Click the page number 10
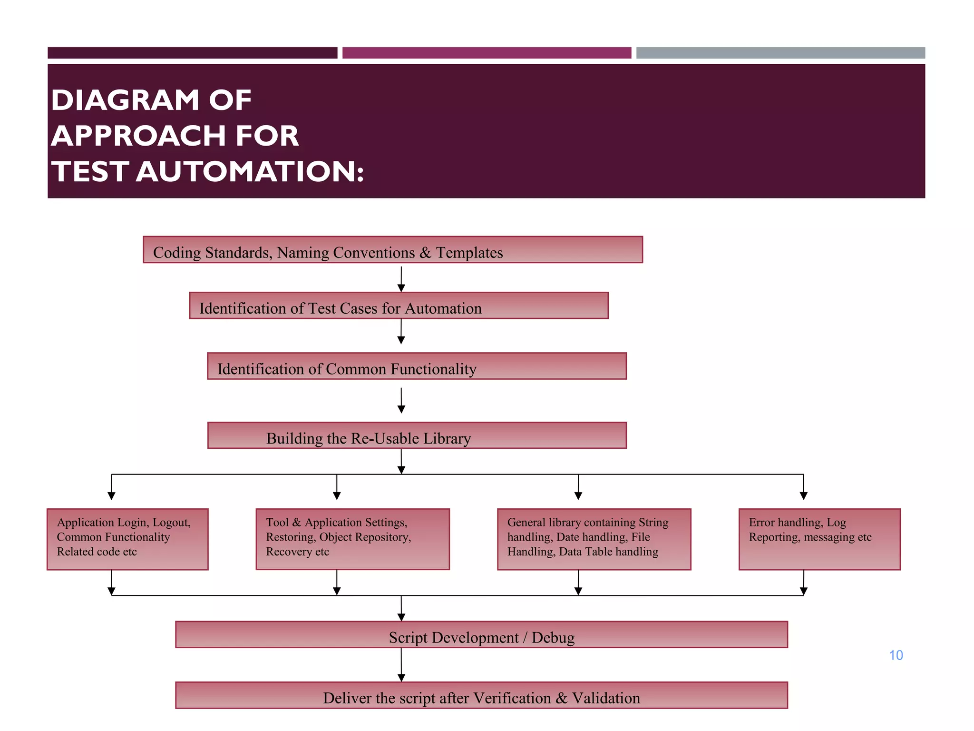click(896, 655)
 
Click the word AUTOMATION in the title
click(250, 171)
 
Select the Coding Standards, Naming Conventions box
click(393, 250)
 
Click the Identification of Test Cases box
click(399, 306)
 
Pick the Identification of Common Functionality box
click(417, 366)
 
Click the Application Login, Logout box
click(127, 539)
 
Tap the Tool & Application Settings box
click(352, 539)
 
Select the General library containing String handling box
click(594, 539)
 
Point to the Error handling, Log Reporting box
click(819, 539)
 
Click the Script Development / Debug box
click(481, 635)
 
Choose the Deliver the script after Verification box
click(481, 695)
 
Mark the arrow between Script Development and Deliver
click(401, 664)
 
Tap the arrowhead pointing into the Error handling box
click(804, 496)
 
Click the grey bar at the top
click(780, 53)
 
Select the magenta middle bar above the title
click(487, 53)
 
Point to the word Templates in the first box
click(469, 253)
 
